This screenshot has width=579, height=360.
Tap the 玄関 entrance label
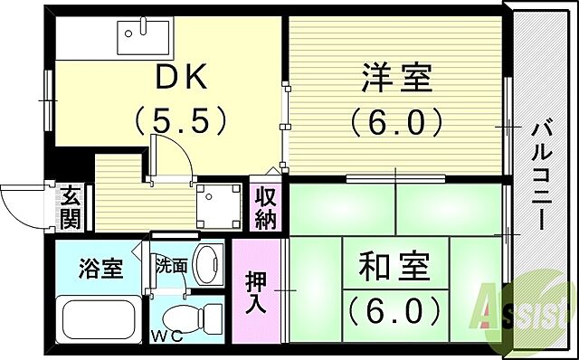71,207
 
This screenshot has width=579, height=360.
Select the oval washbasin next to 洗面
207,264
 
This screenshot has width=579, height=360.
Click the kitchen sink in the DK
144,36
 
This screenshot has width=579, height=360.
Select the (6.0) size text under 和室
394,310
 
